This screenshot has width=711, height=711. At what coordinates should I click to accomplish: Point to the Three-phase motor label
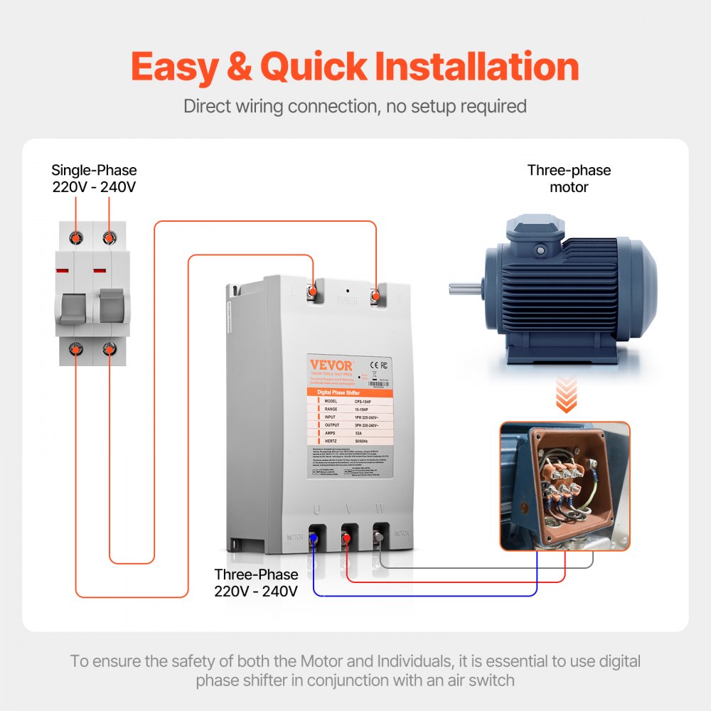pos(569,179)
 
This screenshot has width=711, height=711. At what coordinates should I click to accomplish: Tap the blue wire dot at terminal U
pos(314,540)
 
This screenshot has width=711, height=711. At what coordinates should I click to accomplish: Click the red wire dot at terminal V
pos(346,540)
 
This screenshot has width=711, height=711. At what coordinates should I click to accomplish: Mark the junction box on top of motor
pos(533,238)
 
